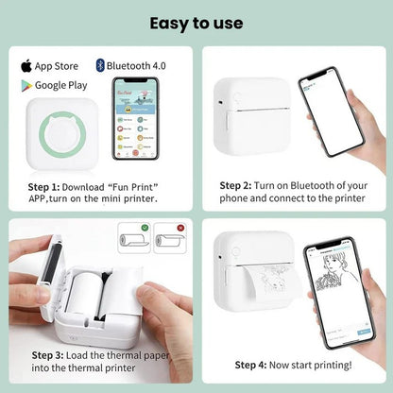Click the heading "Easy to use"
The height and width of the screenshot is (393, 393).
(x=196, y=22)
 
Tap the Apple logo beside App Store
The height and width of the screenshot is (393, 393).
(x=26, y=65)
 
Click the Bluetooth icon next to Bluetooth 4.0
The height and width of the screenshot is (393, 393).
(x=100, y=65)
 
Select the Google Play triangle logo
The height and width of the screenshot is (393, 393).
(x=26, y=85)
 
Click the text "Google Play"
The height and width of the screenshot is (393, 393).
(x=60, y=86)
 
